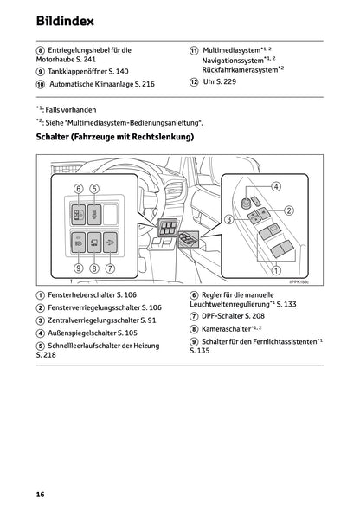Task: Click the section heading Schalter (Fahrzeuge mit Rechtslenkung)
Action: (114, 137)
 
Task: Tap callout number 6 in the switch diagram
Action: (77, 188)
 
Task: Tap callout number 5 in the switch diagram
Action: (94, 188)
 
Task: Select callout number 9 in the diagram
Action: (77, 268)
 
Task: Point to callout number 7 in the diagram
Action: (111, 268)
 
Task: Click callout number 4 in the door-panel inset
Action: (276, 186)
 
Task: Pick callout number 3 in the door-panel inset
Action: (229, 220)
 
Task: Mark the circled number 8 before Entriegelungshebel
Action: (40, 51)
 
